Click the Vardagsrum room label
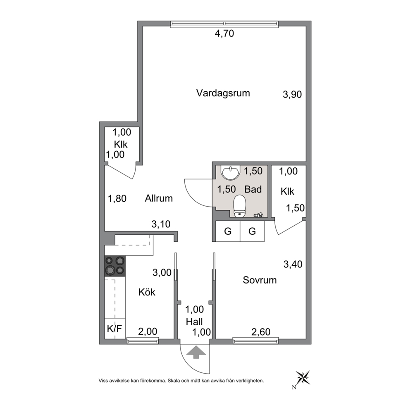coord(223,93)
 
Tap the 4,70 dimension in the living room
coord(224,34)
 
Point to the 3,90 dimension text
coord(292,94)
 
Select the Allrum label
coord(159,198)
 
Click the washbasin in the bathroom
coord(230,173)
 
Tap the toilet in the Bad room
coord(240,206)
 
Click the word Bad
coord(253,189)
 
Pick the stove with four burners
coord(115,266)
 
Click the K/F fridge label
coord(114,329)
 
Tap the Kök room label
coord(147,292)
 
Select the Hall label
coord(194,322)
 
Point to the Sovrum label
coord(260,280)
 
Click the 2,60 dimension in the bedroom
coord(261,332)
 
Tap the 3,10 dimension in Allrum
coord(161,224)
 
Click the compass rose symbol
coord(303,378)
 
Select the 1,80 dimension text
coord(117,199)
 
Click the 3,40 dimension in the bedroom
coord(293,265)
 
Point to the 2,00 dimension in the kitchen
coord(148,331)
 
